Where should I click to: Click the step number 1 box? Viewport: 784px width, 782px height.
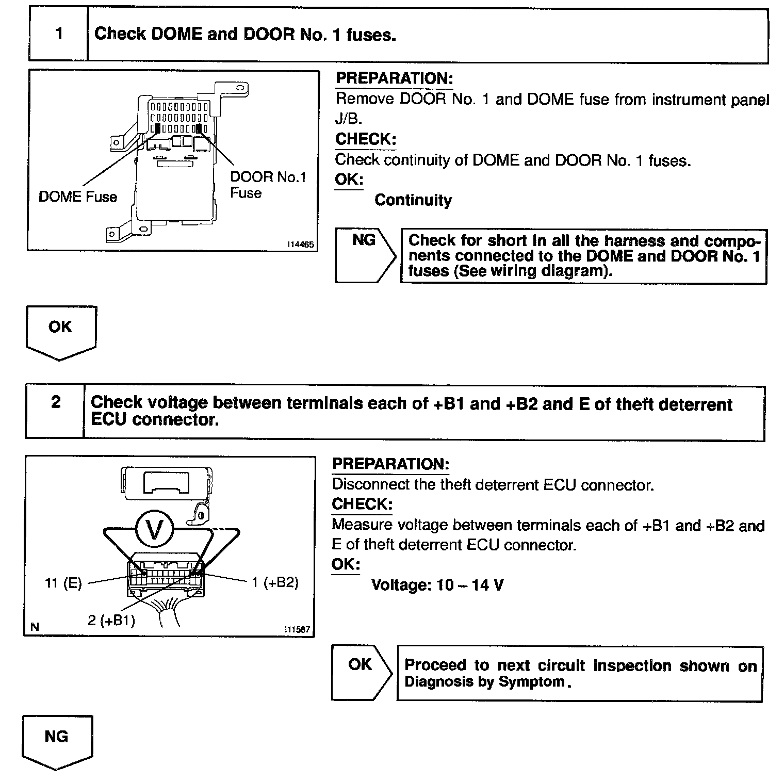(58, 35)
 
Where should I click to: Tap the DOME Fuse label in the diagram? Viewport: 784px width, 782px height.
(78, 197)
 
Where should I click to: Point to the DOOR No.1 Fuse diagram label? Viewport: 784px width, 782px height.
(268, 185)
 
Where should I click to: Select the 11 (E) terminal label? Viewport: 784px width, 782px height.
(63, 583)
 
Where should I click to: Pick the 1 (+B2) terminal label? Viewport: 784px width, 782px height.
(275, 582)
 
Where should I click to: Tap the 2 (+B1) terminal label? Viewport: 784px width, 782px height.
(111, 620)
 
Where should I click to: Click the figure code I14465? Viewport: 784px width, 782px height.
(301, 245)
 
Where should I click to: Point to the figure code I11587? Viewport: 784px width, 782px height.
(298, 630)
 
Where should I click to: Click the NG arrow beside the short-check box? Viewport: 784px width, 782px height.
(364, 255)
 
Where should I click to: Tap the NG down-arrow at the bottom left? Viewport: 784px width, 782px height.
(57, 741)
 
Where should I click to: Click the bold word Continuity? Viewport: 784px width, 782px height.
(413, 200)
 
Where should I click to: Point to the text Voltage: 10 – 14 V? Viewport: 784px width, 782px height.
(437, 585)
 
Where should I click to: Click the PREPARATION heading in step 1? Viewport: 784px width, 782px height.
(394, 79)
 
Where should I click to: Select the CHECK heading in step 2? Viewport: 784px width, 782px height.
(362, 504)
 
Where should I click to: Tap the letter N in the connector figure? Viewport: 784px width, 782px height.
(35, 627)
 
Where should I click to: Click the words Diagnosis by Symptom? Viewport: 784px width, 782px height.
(485, 682)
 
